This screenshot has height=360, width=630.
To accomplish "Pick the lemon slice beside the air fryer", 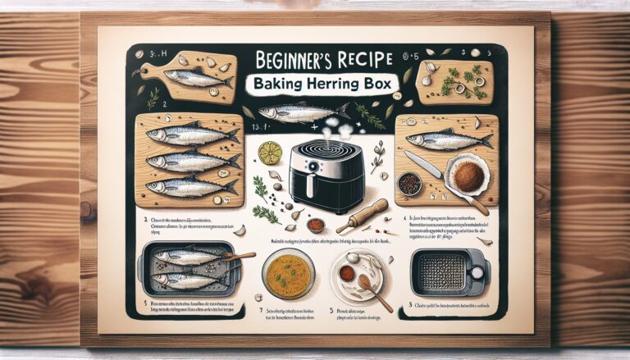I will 269,153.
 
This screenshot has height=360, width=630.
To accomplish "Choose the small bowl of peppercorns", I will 409,184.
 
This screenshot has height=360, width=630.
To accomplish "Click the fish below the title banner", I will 295,113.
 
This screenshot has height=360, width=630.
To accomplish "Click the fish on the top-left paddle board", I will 197,78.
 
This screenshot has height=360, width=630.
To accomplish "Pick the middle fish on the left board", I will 190,161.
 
